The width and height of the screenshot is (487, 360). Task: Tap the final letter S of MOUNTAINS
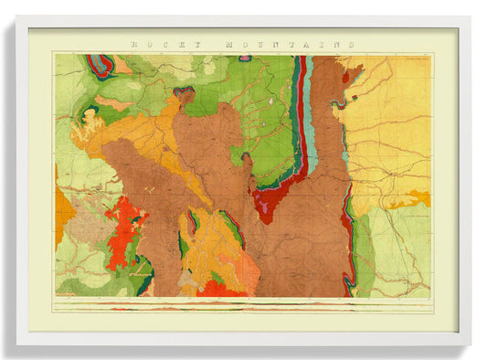tap(350, 44)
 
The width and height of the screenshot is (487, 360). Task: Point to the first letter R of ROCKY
tap(134, 44)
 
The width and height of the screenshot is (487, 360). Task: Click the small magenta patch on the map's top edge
tap(245, 57)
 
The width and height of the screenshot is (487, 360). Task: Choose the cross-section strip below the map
tap(242, 305)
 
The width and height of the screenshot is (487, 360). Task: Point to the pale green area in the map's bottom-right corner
tap(402, 265)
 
